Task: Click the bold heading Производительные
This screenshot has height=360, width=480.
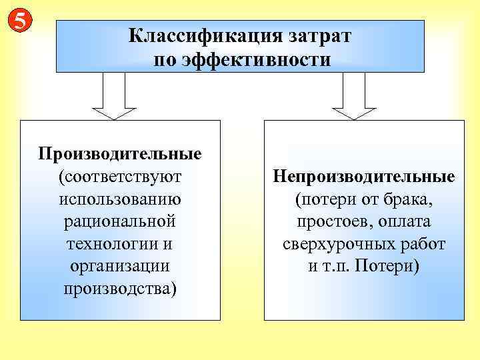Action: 120,154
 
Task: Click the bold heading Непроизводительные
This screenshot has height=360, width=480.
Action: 364,177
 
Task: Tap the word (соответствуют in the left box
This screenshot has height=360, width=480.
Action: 120,177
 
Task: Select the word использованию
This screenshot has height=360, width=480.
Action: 120,199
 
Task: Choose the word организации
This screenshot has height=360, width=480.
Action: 120,267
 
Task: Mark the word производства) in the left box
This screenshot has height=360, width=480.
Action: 120,289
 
